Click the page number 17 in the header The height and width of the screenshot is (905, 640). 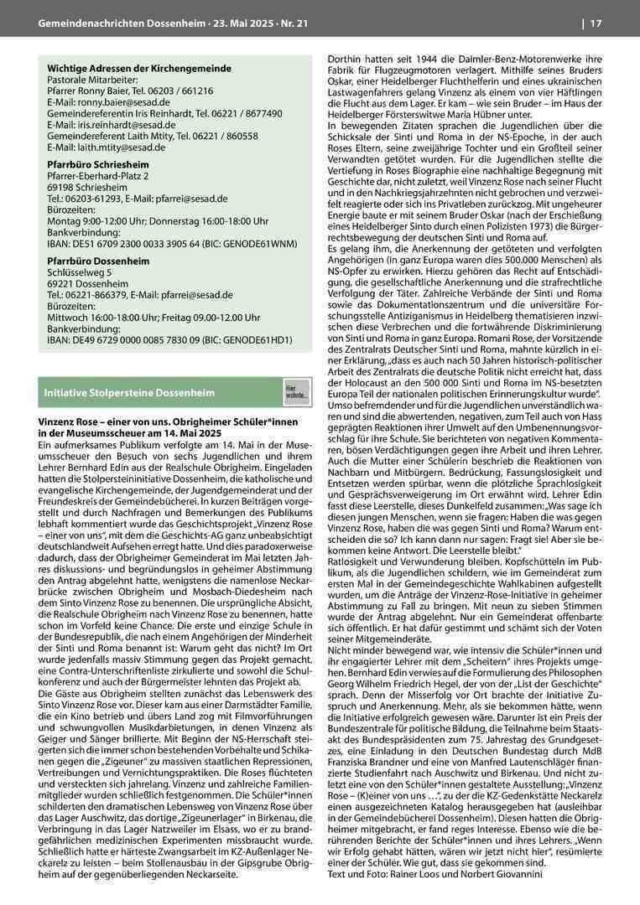point(596,23)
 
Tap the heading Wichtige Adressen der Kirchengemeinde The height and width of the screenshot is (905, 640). point(139,68)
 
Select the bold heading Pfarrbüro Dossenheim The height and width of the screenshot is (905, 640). point(98,261)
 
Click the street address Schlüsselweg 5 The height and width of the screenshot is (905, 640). point(79,273)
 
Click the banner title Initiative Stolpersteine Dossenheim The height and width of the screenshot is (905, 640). point(129,392)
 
